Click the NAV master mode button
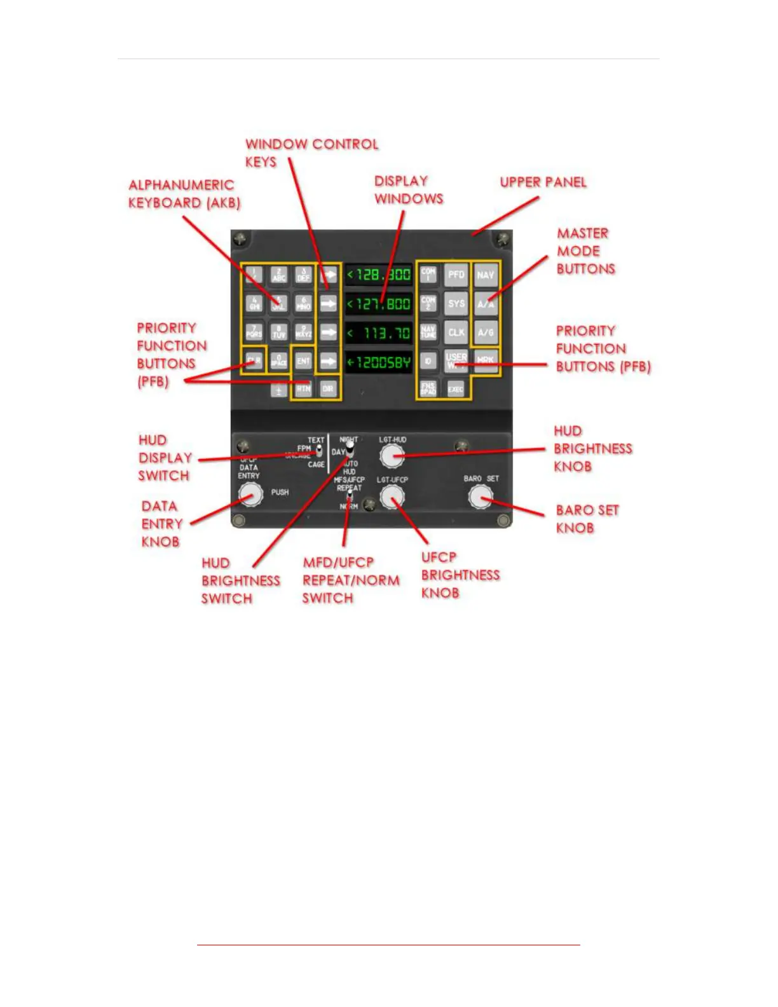click(486, 275)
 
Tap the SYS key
click(456, 303)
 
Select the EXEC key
click(455, 388)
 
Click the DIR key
click(328, 388)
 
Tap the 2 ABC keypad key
click(279, 275)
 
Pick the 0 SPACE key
click(279, 360)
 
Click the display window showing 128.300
click(379, 275)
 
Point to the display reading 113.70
click(379, 332)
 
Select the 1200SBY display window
click(379, 362)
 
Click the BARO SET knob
click(481, 497)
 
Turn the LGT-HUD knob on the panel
click(392, 455)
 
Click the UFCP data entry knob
click(250, 494)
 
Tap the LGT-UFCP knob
click(392, 497)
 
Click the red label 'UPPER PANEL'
click(543, 182)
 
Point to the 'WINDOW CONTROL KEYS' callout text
click(311, 153)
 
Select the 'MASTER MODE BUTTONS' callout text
click(585, 251)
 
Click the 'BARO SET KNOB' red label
click(587, 519)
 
